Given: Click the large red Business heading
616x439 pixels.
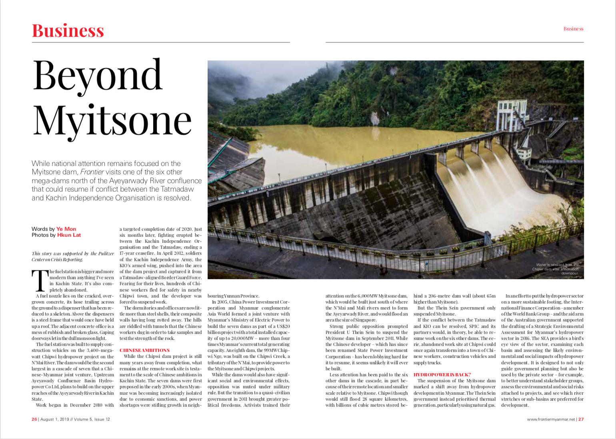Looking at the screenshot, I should point(68,31).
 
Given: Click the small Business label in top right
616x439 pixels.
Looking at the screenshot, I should point(573,29).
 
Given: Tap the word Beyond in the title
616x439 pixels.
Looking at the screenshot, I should point(97,76).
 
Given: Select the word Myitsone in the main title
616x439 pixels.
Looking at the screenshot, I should point(112,120).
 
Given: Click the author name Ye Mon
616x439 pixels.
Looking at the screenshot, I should point(66,229).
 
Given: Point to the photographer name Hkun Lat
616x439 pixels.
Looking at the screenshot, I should point(69,235).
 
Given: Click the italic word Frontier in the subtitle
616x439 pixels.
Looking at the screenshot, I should point(92,172).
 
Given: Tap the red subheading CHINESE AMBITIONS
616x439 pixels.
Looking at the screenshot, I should point(144,350).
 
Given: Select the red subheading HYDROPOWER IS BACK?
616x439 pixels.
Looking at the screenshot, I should point(442,375).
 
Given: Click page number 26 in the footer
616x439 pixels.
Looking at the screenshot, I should point(34,419).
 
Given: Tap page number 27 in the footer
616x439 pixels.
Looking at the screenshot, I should point(581,419).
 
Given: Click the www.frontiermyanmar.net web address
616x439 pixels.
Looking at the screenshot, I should point(551,419).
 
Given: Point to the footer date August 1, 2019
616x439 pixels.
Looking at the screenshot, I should point(54,419).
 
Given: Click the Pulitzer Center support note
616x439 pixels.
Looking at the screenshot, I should point(72,256).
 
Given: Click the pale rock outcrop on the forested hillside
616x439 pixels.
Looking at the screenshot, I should point(375,119).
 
